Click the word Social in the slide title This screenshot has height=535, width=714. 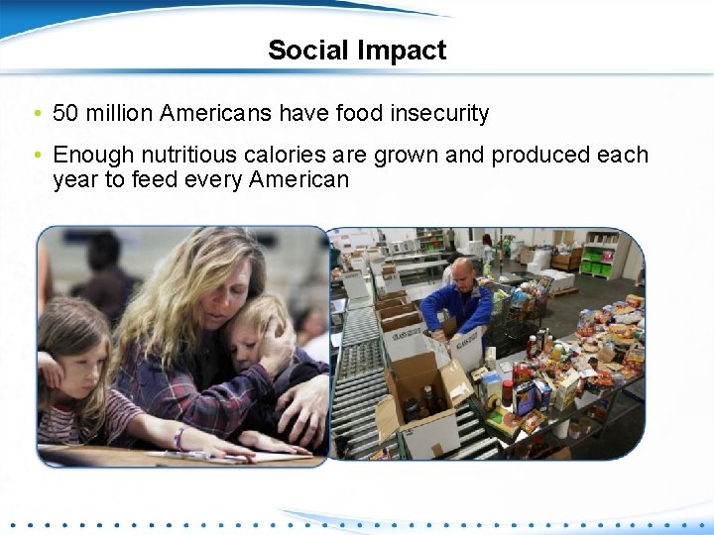303,51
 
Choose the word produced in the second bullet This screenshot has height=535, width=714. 535,155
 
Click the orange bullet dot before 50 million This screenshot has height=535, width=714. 37,114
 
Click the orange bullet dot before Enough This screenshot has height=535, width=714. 37,155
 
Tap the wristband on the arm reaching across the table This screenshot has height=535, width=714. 179,436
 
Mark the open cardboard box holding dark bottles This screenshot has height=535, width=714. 421,400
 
